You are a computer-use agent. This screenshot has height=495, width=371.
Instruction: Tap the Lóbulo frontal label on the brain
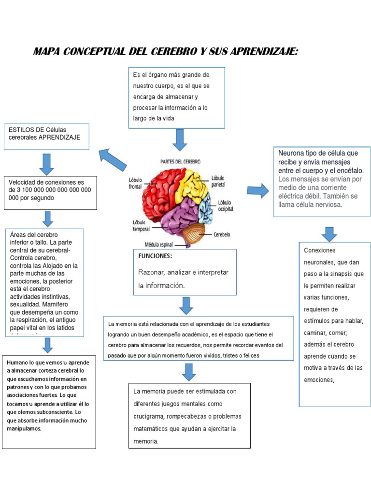click(x=136, y=183)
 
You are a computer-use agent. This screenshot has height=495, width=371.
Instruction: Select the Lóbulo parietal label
click(x=218, y=181)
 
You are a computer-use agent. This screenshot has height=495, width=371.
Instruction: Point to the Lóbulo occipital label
click(x=225, y=205)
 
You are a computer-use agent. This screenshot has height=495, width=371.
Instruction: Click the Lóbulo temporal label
click(x=141, y=225)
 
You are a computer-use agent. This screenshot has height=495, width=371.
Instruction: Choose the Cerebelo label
click(x=222, y=234)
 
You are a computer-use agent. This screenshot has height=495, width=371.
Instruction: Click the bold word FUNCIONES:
click(x=155, y=256)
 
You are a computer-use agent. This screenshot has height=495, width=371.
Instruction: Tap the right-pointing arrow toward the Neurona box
click(x=257, y=190)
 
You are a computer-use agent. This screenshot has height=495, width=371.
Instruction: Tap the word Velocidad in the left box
click(x=23, y=182)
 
